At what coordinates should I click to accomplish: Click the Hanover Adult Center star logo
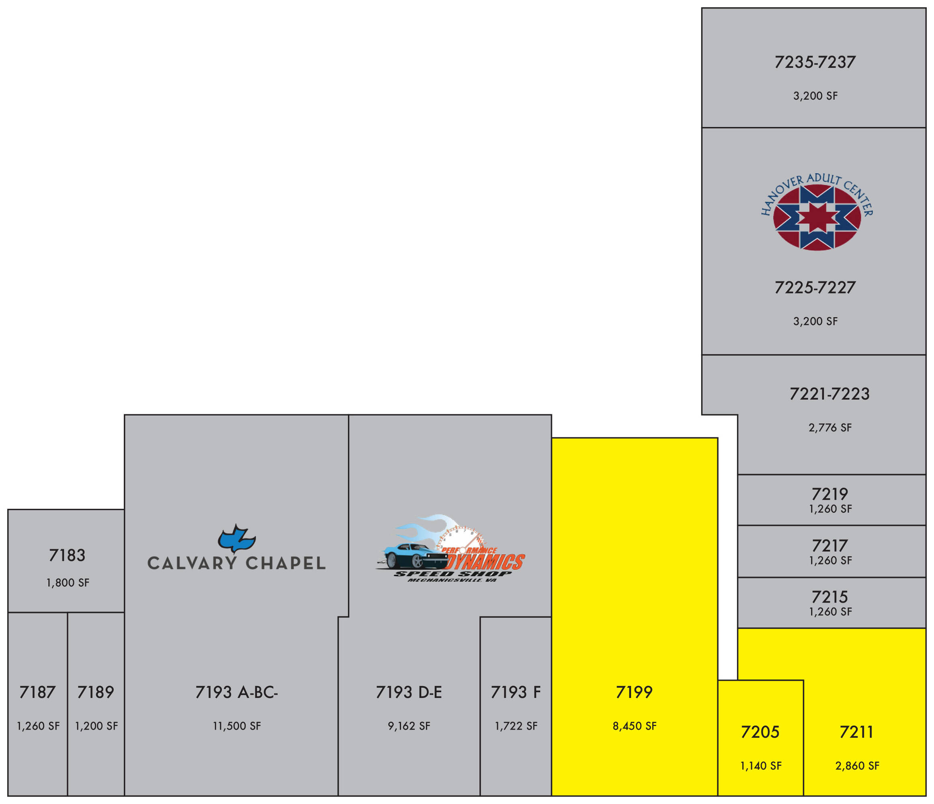(x=817, y=217)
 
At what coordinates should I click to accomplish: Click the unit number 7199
(x=634, y=692)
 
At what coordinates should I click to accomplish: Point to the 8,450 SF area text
(x=634, y=726)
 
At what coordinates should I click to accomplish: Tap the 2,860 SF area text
(x=857, y=766)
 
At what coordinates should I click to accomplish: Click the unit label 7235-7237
(x=815, y=62)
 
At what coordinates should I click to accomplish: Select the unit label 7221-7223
(x=830, y=394)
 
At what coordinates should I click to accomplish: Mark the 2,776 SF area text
(x=830, y=427)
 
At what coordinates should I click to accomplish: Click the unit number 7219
(x=830, y=494)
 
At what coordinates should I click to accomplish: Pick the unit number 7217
(x=830, y=546)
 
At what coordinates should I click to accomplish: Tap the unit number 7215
(x=830, y=597)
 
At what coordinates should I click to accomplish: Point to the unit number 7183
(x=67, y=555)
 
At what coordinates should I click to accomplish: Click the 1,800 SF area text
(x=68, y=582)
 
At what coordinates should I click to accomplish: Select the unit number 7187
(x=37, y=692)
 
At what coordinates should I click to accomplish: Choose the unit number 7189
(x=96, y=692)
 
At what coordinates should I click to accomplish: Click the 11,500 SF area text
(x=237, y=726)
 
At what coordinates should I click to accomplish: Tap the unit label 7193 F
(x=516, y=692)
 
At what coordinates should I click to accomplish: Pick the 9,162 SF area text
(x=409, y=726)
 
